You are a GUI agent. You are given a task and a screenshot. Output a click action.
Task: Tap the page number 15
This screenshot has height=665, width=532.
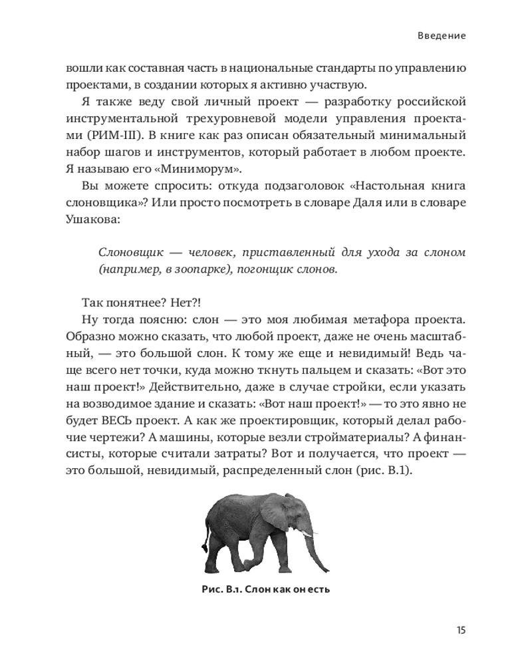click(x=460, y=630)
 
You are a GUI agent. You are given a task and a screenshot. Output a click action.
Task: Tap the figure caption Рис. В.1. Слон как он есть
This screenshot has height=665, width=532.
click(x=266, y=589)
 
